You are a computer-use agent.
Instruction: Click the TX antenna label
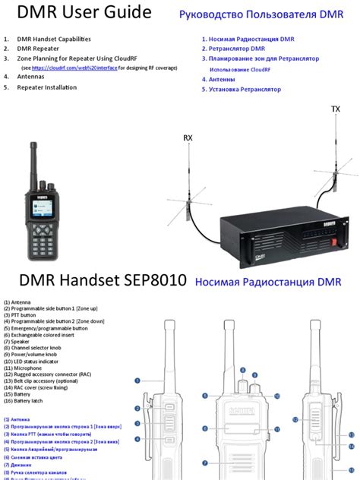(x=336, y=109)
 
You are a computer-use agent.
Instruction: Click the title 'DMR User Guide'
(x=74, y=14)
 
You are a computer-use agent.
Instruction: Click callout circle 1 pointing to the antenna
(x=137, y=381)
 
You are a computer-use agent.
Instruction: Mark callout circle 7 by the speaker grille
(x=205, y=463)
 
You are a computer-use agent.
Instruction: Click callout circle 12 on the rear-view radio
(x=295, y=418)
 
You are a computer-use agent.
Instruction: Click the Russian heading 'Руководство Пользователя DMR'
(x=260, y=14)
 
